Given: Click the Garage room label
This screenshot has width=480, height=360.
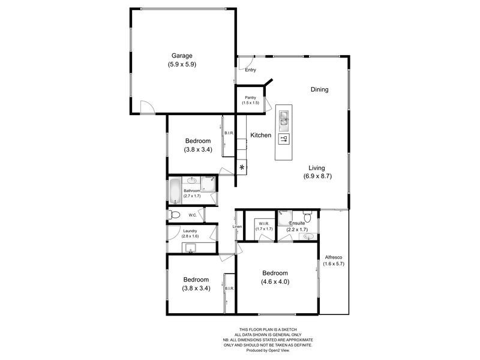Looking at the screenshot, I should (x=181, y=56).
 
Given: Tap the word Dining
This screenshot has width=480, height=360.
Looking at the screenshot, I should (x=319, y=89).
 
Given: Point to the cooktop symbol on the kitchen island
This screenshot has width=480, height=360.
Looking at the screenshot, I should (x=284, y=139).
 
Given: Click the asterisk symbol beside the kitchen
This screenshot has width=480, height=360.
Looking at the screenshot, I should (x=242, y=167).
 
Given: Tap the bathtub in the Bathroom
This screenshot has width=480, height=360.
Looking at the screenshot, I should (x=174, y=190).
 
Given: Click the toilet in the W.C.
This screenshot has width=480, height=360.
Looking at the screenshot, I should (x=175, y=215).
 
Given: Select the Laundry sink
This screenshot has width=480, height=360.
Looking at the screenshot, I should (x=191, y=248).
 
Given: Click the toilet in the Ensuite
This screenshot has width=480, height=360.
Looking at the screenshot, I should (x=308, y=216).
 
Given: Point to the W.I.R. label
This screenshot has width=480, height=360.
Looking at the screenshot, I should (x=264, y=222).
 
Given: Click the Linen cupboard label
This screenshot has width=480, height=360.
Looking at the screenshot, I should (x=237, y=226).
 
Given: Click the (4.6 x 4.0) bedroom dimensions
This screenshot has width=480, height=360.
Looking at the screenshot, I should (x=275, y=281).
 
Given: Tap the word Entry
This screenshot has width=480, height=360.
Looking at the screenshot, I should (x=250, y=70).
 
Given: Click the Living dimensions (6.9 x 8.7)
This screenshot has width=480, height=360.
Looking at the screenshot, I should (x=317, y=177).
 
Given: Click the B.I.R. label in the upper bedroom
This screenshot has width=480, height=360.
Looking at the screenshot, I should (x=229, y=133).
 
